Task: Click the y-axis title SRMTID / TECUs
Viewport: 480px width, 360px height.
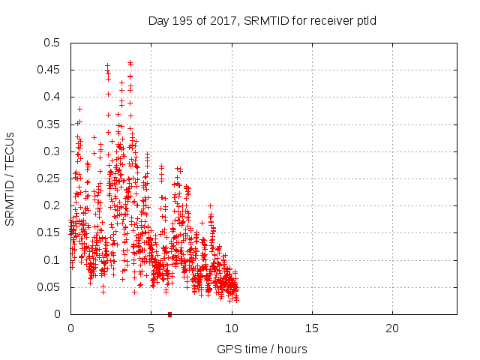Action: (10, 178)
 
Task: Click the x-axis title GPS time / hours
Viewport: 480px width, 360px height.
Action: (262, 349)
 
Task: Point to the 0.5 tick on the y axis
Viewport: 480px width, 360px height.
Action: (51, 43)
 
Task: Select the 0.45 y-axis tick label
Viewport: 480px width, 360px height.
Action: (48, 70)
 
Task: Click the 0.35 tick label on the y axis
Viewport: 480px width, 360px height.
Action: (48, 124)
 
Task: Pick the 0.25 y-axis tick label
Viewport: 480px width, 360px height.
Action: (48, 178)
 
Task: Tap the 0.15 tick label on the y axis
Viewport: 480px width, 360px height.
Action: (48, 233)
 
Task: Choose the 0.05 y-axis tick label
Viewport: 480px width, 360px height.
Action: (48, 287)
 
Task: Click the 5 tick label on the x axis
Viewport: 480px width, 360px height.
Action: (151, 328)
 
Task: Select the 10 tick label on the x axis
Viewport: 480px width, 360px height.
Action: (231, 328)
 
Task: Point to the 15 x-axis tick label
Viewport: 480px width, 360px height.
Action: (311, 328)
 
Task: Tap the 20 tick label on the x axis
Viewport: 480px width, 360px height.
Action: (391, 328)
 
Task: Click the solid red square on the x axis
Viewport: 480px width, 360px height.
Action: (169, 314)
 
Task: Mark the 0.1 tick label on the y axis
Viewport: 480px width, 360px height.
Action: (51, 260)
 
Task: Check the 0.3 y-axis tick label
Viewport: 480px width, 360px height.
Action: (51, 151)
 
